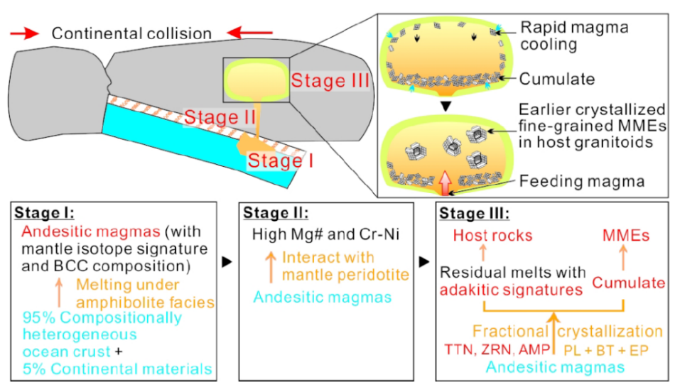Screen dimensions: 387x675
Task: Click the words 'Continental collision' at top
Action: click(x=131, y=33)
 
